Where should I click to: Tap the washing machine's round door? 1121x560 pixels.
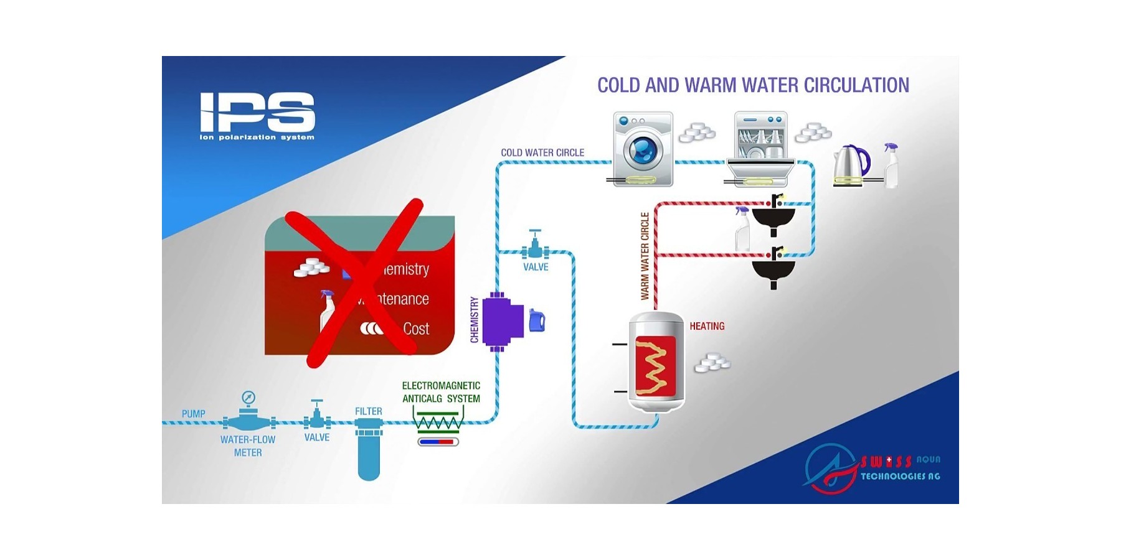(x=642, y=149)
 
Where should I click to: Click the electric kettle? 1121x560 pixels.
(x=850, y=165)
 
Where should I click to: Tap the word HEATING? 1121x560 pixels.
(x=707, y=326)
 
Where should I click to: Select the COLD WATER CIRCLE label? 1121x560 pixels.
(x=542, y=152)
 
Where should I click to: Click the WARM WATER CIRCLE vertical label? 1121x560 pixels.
(x=645, y=256)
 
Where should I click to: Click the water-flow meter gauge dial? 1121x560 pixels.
(x=248, y=398)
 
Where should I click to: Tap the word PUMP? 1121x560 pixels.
(x=193, y=414)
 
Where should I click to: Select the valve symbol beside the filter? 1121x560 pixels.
(x=317, y=416)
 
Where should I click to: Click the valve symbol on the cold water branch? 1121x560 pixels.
(x=535, y=246)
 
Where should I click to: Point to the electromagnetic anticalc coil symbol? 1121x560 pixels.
(x=439, y=423)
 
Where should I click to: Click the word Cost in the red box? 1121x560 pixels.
(x=416, y=329)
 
